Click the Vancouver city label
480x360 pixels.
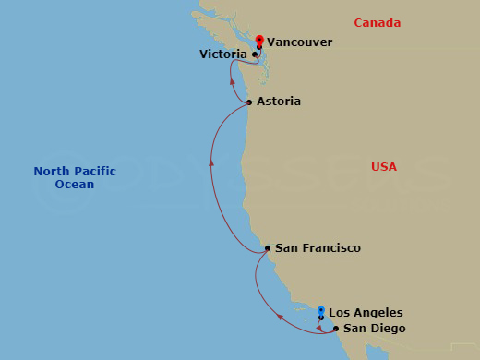coord(299,42)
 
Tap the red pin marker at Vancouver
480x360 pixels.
coord(259,41)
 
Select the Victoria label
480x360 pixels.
coord(222,55)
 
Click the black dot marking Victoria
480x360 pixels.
coord(255,55)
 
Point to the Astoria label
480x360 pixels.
coord(280,102)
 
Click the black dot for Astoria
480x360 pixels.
coord(249,102)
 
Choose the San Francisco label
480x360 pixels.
coord(318,248)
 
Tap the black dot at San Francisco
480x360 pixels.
coord(267,248)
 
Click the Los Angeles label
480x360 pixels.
coord(366,313)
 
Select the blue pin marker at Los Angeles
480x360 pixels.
coord(321,311)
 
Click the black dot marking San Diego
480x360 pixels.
coord(335,329)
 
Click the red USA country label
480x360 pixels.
coord(383,167)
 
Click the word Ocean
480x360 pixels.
coord(75,185)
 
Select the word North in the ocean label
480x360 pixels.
coord(52,171)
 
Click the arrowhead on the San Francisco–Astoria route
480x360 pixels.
coord(211,162)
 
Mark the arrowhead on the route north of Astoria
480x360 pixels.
coord(231,81)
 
